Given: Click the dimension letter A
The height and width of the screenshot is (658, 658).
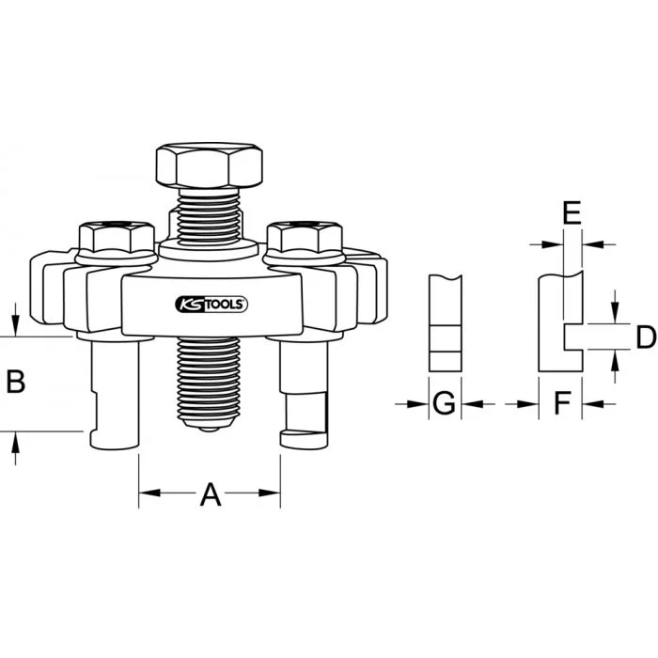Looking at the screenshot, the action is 211,494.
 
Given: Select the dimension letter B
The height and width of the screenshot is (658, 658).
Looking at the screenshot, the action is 16,382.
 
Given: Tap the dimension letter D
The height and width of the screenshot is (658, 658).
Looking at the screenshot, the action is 646,337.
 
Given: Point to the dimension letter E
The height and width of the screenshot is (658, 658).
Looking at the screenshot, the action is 572,212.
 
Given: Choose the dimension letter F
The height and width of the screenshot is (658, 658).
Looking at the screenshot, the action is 562,403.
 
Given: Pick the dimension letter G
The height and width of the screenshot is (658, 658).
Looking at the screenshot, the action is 444,403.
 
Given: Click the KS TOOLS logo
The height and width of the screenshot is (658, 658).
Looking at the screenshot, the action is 211,305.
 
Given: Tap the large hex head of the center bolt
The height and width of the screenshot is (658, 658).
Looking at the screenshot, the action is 210,165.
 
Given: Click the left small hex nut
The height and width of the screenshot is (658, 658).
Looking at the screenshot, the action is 117,238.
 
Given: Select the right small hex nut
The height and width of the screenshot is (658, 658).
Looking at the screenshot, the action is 305,238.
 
